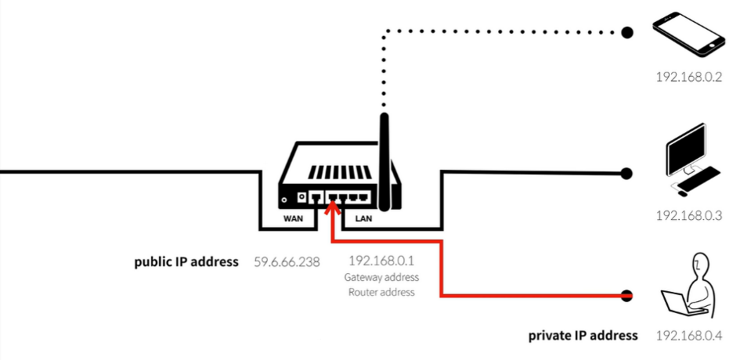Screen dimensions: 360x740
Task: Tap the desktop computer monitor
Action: (x=687, y=149)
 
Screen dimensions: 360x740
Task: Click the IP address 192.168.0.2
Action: (x=688, y=78)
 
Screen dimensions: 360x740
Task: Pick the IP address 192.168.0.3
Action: (x=688, y=215)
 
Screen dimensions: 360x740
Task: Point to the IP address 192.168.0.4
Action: (x=688, y=337)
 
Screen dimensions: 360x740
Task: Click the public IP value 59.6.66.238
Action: (x=287, y=262)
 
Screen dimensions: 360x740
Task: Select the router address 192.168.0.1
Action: (x=381, y=261)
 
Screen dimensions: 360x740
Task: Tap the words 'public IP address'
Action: (x=186, y=262)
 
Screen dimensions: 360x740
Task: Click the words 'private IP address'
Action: (x=583, y=336)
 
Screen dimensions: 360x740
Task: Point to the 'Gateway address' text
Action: (x=381, y=277)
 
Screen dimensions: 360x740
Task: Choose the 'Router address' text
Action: (x=381, y=292)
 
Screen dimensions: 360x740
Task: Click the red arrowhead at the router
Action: (x=333, y=207)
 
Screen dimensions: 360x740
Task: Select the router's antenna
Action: (x=384, y=160)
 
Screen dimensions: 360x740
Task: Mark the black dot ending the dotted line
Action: (x=627, y=32)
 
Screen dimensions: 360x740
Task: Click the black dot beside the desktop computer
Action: (x=627, y=173)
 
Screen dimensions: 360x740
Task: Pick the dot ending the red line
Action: (x=627, y=296)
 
